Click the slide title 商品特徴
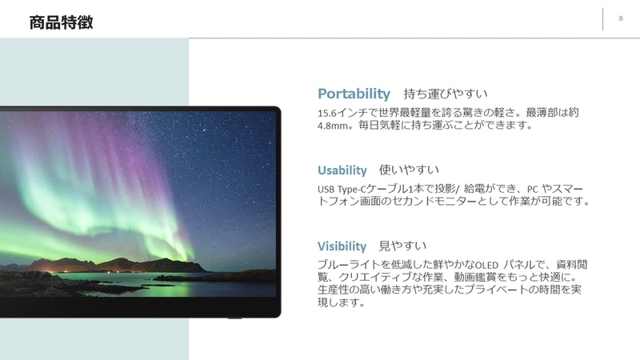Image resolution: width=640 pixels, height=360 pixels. [x=61, y=22]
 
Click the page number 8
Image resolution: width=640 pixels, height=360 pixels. [x=621, y=18]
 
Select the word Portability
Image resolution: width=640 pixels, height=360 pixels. [x=354, y=94]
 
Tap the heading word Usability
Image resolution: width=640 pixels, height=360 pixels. [x=342, y=170]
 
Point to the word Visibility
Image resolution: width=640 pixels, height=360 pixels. [x=342, y=246]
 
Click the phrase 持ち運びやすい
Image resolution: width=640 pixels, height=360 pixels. [x=446, y=94]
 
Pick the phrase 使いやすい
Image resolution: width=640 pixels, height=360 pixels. [x=409, y=170]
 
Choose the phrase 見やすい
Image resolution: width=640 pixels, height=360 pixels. [x=402, y=246]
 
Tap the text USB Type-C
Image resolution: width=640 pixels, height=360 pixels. [x=345, y=189]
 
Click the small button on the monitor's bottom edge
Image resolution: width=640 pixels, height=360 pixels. [x=233, y=318]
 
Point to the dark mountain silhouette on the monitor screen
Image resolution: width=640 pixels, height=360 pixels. [x=104, y=263]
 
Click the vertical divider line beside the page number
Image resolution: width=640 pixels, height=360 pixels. [x=602, y=19]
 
